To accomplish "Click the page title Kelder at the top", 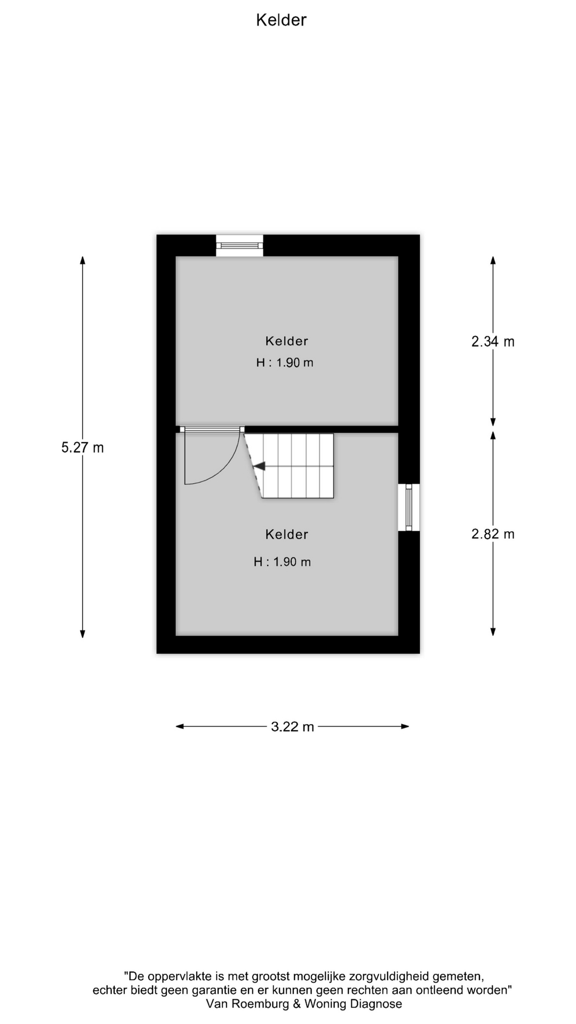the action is click(281, 20).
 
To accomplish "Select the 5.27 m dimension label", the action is click(83, 447).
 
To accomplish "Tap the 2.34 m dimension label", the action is click(493, 341).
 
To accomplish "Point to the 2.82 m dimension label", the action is click(493, 534).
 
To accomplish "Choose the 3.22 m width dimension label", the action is click(292, 726).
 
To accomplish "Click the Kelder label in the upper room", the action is click(287, 341).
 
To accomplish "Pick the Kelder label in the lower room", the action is click(287, 534).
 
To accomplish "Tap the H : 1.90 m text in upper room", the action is click(285, 363).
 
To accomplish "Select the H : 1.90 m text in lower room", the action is click(282, 562).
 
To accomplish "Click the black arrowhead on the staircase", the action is click(259, 466).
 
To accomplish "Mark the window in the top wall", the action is click(239, 245).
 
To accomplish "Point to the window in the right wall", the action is click(409, 507).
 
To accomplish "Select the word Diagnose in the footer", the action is click(377, 1004).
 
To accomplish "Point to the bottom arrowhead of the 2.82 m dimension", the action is click(493, 632).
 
